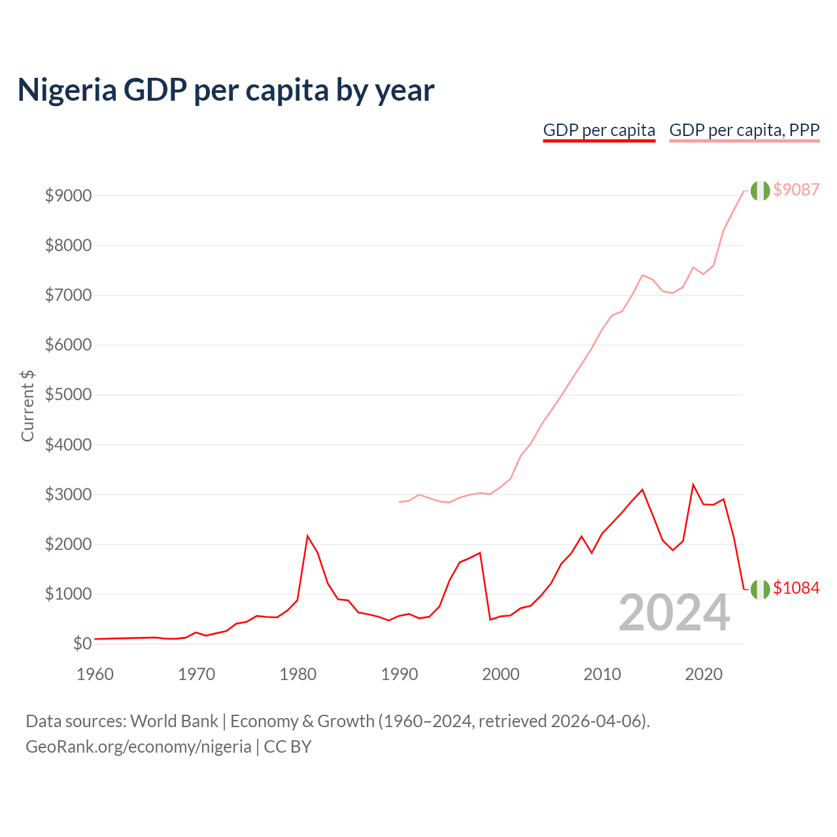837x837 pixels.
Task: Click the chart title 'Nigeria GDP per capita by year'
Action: coord(226,90)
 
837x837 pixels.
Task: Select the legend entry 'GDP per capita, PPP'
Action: coord(744,130)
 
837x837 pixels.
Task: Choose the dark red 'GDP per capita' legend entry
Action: coord(599,130)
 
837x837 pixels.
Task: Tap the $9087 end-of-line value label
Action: coord(796,190)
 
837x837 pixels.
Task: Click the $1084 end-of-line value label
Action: coord(796,588)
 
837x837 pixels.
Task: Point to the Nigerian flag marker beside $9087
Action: coord(760,190)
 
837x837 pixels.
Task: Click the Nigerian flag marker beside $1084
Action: coord(760,589)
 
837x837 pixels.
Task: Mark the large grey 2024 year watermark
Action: coord(674,613)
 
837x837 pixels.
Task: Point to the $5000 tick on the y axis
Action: coord(68,395)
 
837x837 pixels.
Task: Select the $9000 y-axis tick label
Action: coord(68,196)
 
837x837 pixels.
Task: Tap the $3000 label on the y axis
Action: coord(68,494)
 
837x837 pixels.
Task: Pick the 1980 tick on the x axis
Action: coord(298,674)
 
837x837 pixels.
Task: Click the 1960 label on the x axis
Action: coord(95,674)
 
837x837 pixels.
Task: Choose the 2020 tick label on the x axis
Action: coord(704,674)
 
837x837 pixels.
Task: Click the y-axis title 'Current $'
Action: coord(27,405)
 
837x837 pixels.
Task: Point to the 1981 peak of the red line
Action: coord(307,536)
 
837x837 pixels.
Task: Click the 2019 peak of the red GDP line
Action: coord(693,485)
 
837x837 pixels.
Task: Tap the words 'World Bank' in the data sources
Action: coord(174,721)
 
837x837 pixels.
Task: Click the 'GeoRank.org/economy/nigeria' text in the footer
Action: coord(138,747)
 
